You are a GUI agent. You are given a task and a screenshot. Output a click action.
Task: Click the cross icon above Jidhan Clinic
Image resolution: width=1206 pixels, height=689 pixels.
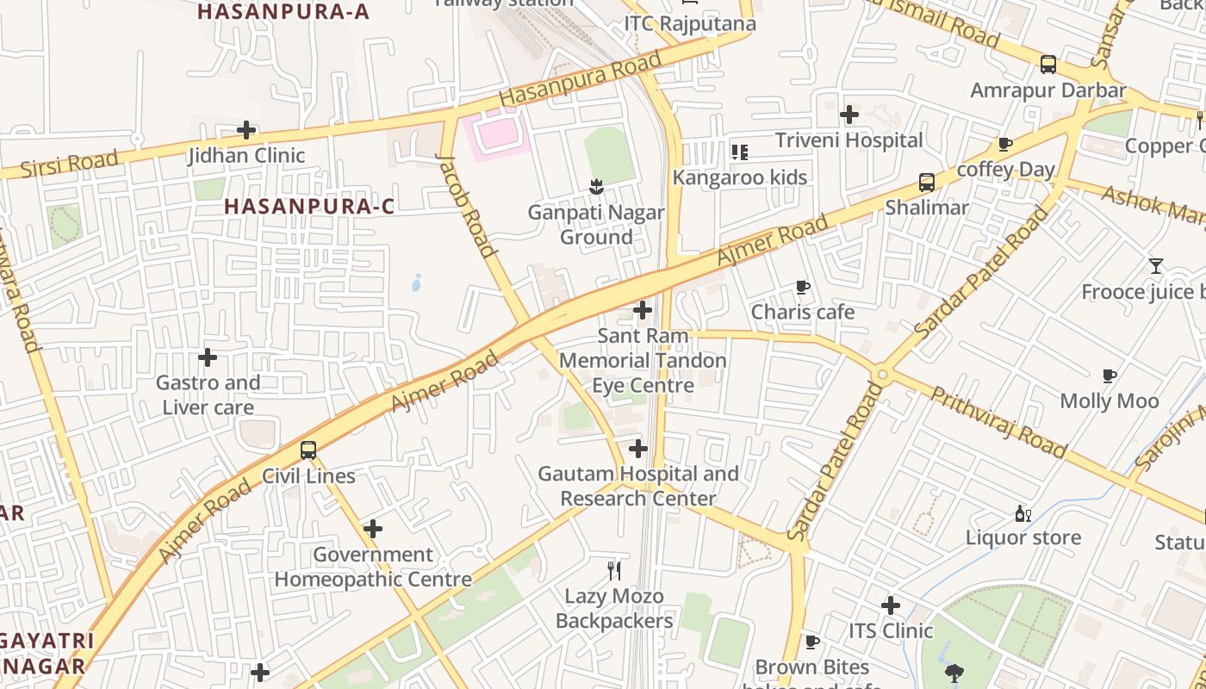point(246,131)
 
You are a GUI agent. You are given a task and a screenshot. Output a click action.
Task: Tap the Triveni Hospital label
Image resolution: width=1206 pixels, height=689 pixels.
point(849,140)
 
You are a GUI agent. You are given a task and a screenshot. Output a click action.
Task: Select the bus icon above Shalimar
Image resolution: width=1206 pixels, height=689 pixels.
point(927,183)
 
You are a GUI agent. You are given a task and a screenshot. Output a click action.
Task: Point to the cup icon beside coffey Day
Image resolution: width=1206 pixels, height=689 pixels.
point(1004,145)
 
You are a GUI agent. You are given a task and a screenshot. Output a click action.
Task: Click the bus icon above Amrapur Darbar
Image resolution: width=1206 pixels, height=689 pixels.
point(1048,65)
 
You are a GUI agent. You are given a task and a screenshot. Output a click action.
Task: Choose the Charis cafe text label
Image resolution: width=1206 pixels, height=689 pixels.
point(803,312)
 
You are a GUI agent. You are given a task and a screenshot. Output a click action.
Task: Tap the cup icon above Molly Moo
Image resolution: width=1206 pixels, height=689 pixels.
point(1110,376)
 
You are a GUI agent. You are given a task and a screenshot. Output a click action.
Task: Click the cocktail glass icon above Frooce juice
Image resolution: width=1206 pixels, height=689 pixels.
point(1156,266)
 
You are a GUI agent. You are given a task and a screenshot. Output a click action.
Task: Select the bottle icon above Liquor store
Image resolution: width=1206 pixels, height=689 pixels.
point(1023,513)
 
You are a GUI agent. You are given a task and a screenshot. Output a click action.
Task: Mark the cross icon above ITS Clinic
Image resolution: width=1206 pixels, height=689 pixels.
point(891,605)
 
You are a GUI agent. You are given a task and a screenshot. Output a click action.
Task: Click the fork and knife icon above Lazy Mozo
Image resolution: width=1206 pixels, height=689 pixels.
point(614,570)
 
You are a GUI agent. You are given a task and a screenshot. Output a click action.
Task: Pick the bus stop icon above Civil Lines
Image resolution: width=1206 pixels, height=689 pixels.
point(308,450)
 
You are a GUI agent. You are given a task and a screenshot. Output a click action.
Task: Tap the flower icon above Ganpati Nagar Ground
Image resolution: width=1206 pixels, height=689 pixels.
point(595,186)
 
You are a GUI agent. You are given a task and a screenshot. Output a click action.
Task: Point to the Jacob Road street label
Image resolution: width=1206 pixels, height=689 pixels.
point(467,206)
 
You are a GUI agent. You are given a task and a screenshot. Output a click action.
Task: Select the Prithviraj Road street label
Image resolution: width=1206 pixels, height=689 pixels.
point(999,423)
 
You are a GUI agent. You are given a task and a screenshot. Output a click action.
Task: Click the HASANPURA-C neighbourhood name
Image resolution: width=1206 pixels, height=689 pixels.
point(310,207)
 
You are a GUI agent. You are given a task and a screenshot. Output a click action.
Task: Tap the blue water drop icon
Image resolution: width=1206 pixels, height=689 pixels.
point(417,282)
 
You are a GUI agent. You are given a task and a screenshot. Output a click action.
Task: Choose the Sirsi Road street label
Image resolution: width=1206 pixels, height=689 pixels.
point(69,164)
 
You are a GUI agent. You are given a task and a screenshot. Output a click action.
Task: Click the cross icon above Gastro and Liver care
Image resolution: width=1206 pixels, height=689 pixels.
point(208,357)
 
